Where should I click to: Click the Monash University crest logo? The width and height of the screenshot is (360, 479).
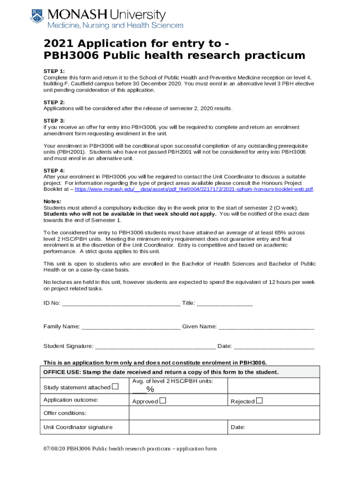click(x=37, y=17)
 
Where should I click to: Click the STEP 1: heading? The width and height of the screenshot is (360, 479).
click(x=54, y=71)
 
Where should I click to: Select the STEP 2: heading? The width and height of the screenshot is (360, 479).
click(x=54, y=102)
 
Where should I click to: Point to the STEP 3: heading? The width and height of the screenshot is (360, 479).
click(x=54, y=121)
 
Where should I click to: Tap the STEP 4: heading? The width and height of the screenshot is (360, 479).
click(x=54, y=170)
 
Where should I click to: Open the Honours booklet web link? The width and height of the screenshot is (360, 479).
click(x=194, y=189)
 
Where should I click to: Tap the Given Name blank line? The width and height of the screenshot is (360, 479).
click(x=266, y=327)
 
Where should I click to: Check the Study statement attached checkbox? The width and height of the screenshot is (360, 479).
click(x=115, y=387)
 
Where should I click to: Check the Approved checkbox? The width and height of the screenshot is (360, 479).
click(x=163, y=401)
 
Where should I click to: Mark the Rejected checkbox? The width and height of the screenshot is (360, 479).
click(x=259, y=401)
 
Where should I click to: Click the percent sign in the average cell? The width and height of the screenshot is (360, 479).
click(x=150, y=390)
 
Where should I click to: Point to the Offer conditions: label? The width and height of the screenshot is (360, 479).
click(x=65, y=414)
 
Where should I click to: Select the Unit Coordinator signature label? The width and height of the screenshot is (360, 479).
click(x=78, y=427)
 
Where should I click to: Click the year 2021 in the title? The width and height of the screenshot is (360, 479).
click(x=58, y=44)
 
